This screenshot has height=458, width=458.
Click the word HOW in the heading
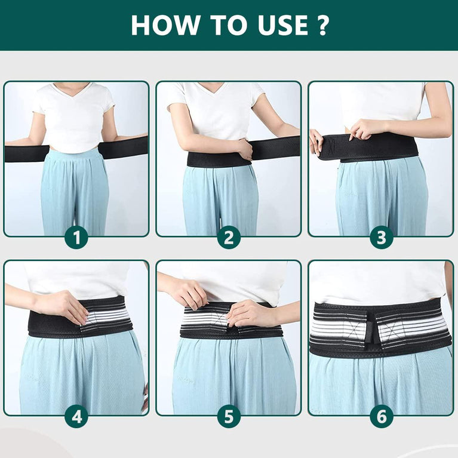(x=158, y=25)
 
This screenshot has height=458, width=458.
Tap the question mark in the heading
(x=322, y=25)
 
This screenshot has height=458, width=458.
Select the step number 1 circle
(x=76, y=238)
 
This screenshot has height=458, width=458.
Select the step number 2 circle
(x=229, y=238)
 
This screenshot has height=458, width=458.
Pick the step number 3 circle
(x=381, y=238)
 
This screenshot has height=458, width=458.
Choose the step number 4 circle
(x=76, y=416)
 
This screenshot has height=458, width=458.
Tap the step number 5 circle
(x=229, y=416)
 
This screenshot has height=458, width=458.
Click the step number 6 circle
(x=381, y=416)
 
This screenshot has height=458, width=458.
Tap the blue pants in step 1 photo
(x=75, y=191)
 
